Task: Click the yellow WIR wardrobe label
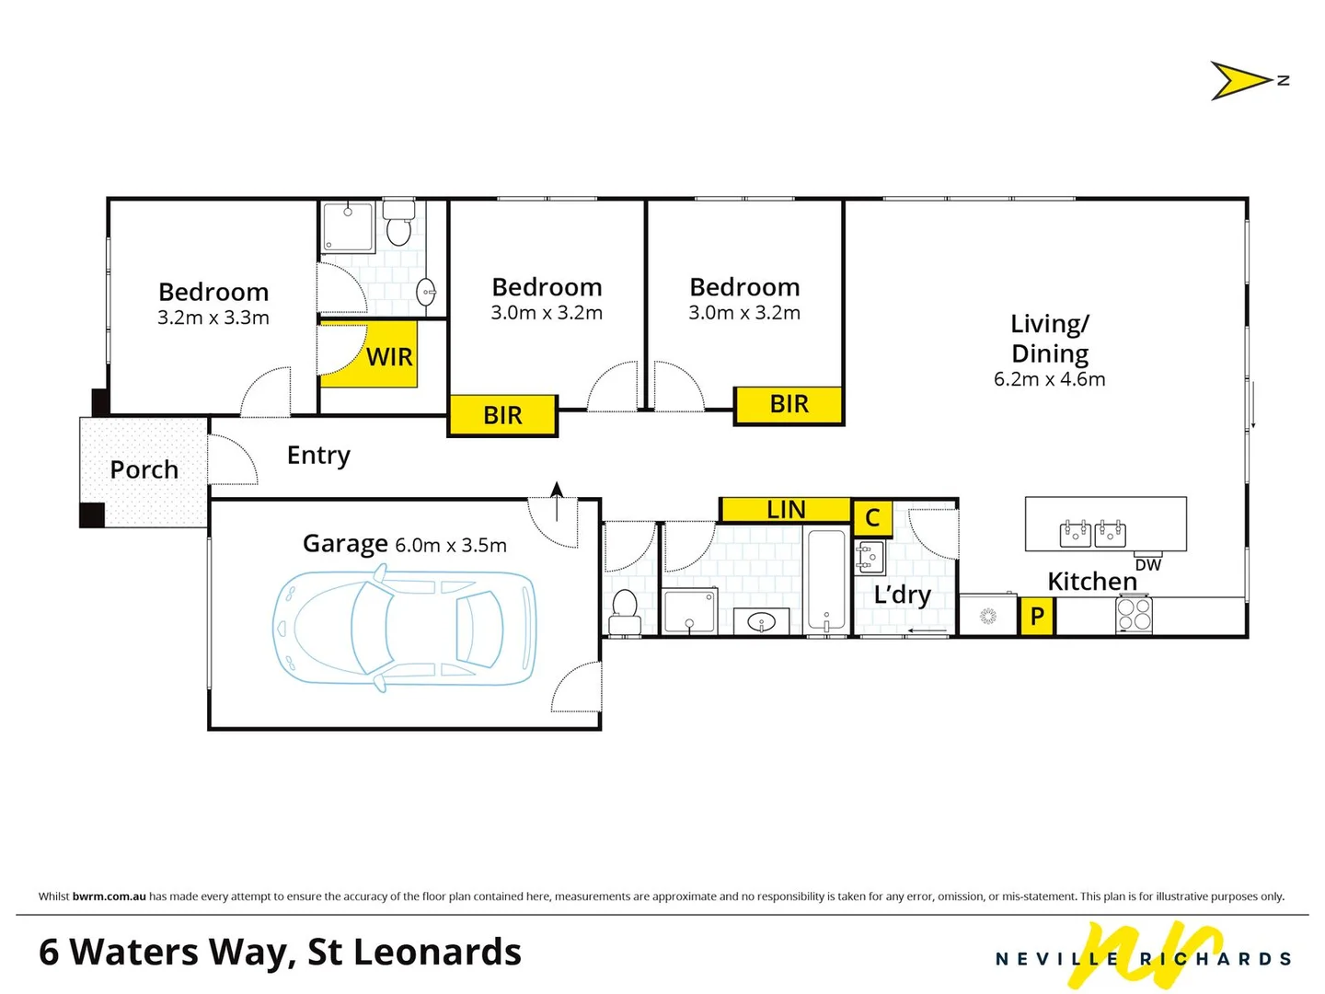389,357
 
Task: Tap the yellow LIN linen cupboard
785,510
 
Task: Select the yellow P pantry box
1037,616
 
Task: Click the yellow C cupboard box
872,518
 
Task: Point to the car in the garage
405,628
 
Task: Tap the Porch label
144,469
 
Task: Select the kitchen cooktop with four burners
1134,615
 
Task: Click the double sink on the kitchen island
1093,533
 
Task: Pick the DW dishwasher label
1147,565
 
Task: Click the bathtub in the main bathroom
826,580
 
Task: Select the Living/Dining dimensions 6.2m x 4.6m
1049,379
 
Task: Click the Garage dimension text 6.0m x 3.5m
451,545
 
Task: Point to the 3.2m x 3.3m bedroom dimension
213,318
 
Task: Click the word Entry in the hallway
318,456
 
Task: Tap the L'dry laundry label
902,595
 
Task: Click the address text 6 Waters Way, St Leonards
280,952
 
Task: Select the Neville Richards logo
1144,957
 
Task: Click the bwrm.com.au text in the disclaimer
109,896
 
